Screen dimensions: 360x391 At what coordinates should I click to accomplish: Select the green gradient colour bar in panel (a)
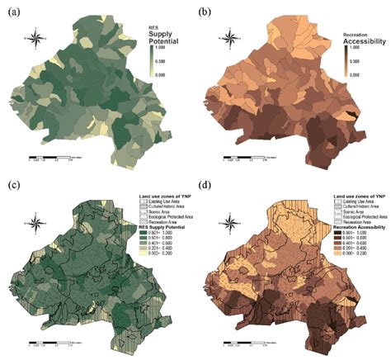[x=153, y=60]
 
